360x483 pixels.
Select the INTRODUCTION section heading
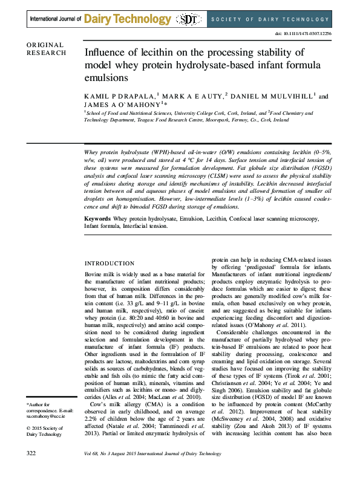(x=109, y=264)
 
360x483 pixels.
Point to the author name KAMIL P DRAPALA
(x=120, y=97)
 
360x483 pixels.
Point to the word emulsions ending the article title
(x=108, y=77)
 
